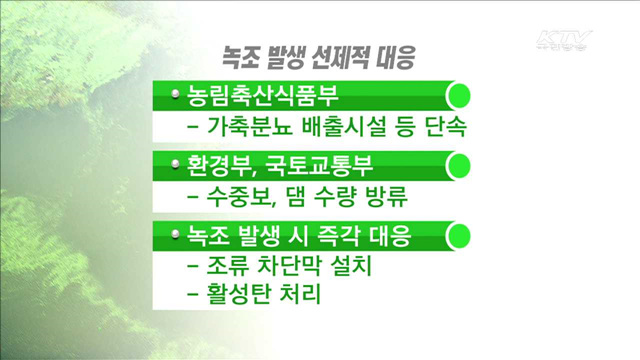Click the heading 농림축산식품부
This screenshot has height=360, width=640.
click(x=257, y=97)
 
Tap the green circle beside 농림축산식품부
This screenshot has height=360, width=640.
click(x=457, y=97)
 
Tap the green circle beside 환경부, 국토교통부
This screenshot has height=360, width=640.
click(x=457, y=164)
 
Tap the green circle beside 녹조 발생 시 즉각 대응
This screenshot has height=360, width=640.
click(x=457, y=236)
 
